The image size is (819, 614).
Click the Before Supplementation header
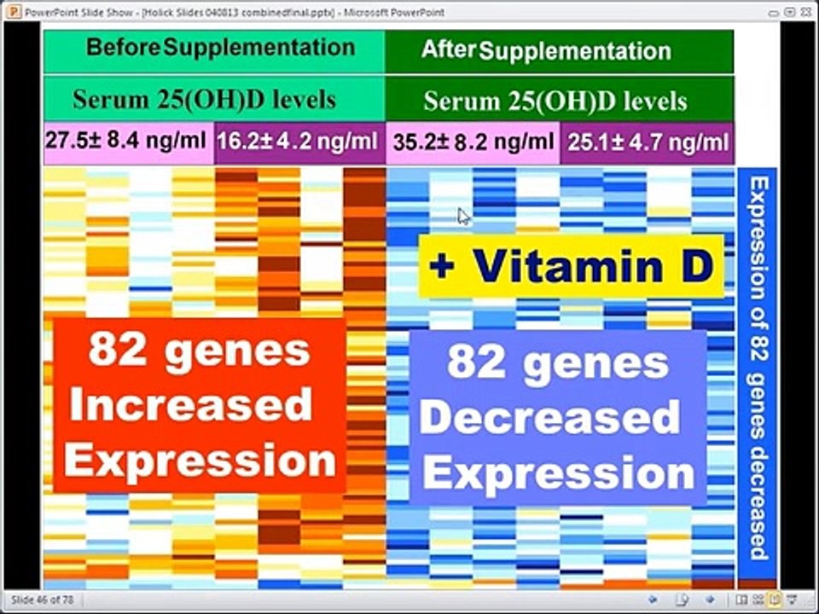click(220, 48)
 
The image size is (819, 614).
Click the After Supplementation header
click(546, 50)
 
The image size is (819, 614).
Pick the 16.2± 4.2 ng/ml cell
click(298, 142)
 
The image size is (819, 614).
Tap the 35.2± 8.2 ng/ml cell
click(472, 142)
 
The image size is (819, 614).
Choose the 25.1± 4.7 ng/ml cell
click(647, 142)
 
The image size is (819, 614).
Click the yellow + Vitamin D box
click(571, 267)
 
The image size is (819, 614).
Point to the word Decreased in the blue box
click(549, 418)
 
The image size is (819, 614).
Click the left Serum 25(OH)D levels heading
click(204, 100)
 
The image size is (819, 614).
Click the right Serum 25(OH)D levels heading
click(555, 101)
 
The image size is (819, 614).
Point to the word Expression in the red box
click(200, 461)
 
